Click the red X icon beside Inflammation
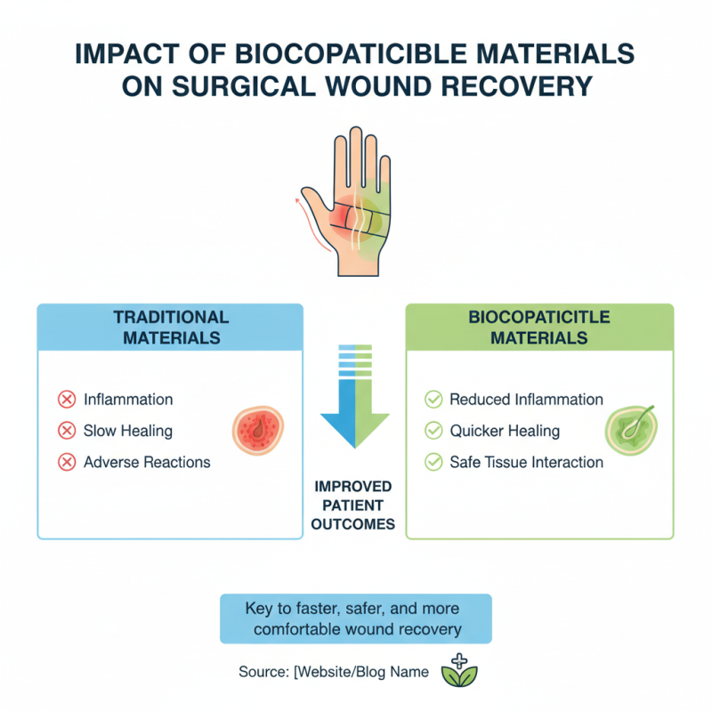66,400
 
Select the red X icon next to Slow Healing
66,431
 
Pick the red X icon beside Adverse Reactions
66,462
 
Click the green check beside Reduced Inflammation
433,400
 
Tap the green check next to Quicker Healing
433,431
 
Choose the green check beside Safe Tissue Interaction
433,462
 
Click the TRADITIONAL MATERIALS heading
171,327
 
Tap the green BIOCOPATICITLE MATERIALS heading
539,327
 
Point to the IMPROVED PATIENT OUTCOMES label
353,506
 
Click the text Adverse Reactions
147,462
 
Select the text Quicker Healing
505,431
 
